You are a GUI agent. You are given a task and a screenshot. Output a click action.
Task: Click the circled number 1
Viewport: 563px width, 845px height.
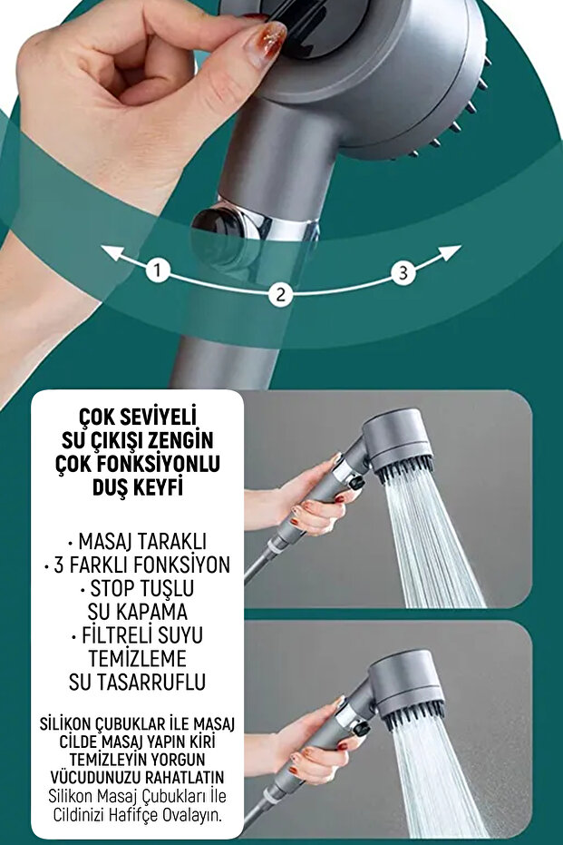pyautogui.click(x=159, y=270)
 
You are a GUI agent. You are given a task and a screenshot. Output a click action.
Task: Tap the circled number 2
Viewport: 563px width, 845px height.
pyautogui.click(x=280, y=294)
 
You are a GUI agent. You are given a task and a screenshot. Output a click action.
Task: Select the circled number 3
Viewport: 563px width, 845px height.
pyautogui.click(x=403, y=271)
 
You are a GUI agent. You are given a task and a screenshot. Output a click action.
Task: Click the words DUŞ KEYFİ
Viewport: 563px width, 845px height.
pyautogui.click(x=137, y=487)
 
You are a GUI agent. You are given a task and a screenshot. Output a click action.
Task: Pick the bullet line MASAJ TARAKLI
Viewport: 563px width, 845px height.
pyautogui.click(x=137, y=542)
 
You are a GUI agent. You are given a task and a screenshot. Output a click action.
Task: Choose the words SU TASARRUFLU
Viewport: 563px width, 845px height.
pyautogui.click(x=137, y=681)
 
